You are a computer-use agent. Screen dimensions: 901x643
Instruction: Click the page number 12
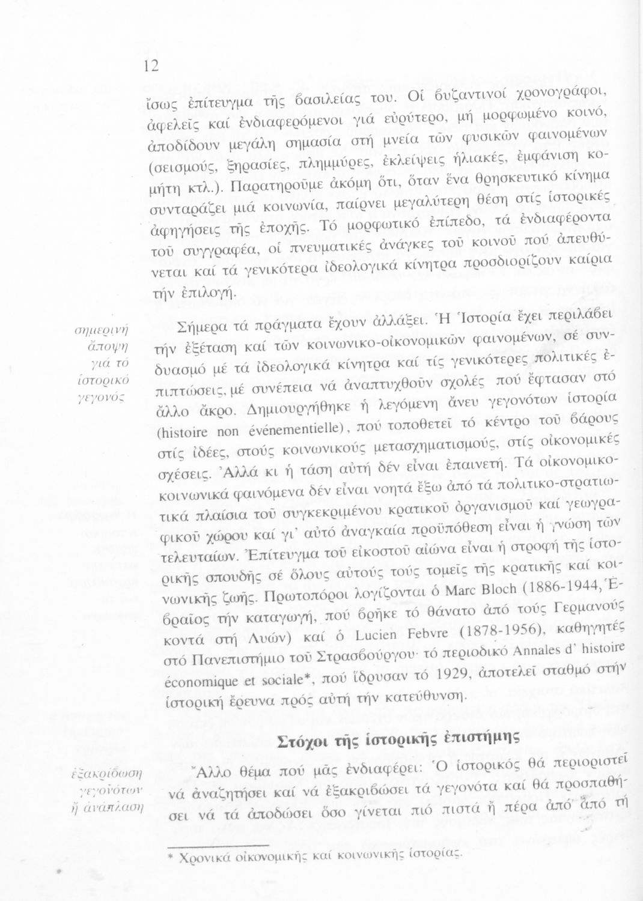coord(151,67)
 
